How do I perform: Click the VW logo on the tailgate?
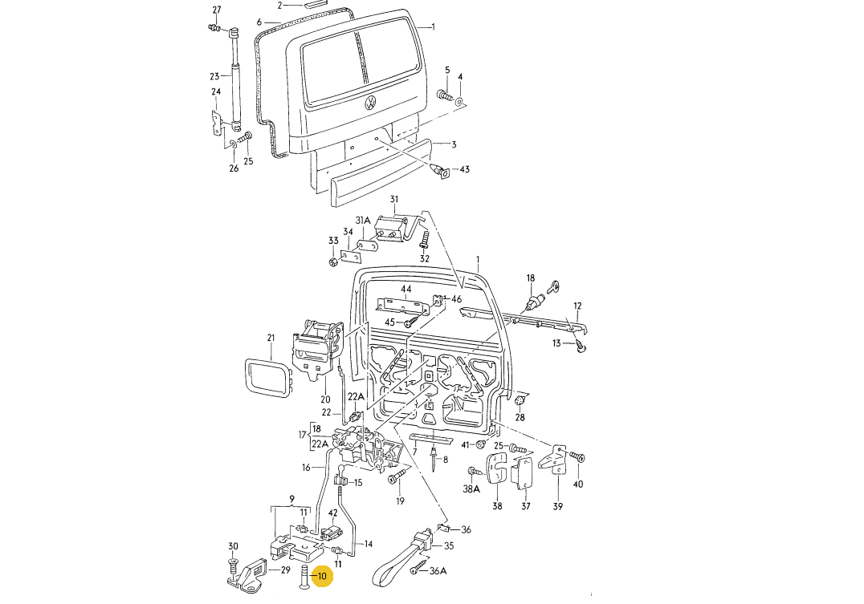(371, 103)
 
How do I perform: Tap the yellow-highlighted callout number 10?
(322, 576)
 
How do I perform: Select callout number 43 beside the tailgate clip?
(464, 170)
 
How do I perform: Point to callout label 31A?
(363, 221)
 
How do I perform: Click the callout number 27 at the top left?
(216, 10)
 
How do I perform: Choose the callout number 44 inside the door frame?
(406, 289)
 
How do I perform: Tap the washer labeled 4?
(459, 102)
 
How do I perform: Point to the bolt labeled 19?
(395, 479)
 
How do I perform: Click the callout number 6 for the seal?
(259, 22)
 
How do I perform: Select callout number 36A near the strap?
(438, 571)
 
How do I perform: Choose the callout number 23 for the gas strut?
(214, 77)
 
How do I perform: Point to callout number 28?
(520, 418)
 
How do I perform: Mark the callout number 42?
(332, 513)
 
